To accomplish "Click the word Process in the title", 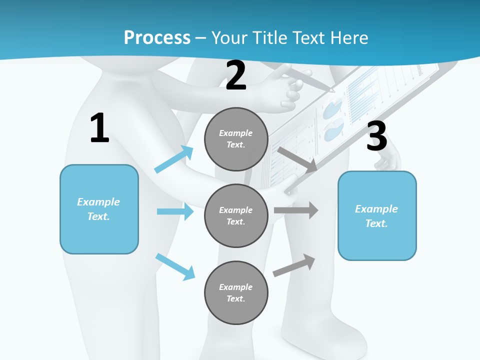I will coord(157,38).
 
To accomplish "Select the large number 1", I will coord(99,128).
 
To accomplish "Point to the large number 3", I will coord(377,136).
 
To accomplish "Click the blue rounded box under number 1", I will coord(99,209).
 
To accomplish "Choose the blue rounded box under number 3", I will coord(377,215).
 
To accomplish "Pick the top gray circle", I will coord(236,139).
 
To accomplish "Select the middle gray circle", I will coord(236,215).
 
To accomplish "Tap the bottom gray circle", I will coord(236,292).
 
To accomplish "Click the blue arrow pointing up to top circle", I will coord(174,159).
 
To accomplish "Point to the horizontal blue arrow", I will coord(175,211).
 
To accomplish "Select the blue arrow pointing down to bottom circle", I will coord(175,266).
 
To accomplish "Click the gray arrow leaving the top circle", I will coord(297,159).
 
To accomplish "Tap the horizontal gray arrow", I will coord(296,210).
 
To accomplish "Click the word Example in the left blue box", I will coord(98,202).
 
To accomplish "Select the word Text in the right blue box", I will coord(376,223).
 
